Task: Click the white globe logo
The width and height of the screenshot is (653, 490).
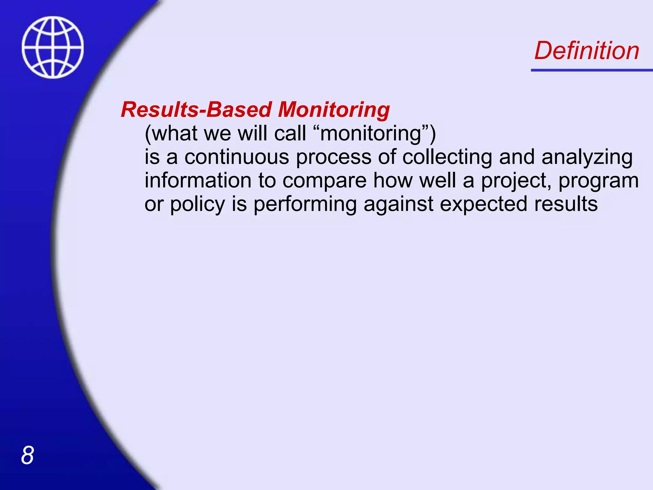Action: tap(53, 47)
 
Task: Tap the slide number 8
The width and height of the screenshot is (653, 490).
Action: tap(27, 455)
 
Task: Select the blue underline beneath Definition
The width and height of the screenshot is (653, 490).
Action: tap(591, 70)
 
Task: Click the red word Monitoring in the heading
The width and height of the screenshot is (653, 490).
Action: tap(334, 110)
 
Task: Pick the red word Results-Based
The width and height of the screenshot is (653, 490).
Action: tap(196, 110)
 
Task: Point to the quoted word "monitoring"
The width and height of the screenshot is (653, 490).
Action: tap(370, 133)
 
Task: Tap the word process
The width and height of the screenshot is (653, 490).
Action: tap(334, 158)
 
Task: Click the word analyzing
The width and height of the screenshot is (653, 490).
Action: tap(587, 158)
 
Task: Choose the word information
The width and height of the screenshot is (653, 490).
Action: tap(198, 180)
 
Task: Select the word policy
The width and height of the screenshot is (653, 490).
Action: tap(197, 204)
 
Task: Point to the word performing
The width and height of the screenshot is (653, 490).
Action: tap(305, 204)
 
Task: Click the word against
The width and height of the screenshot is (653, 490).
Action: tap(398, 204)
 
